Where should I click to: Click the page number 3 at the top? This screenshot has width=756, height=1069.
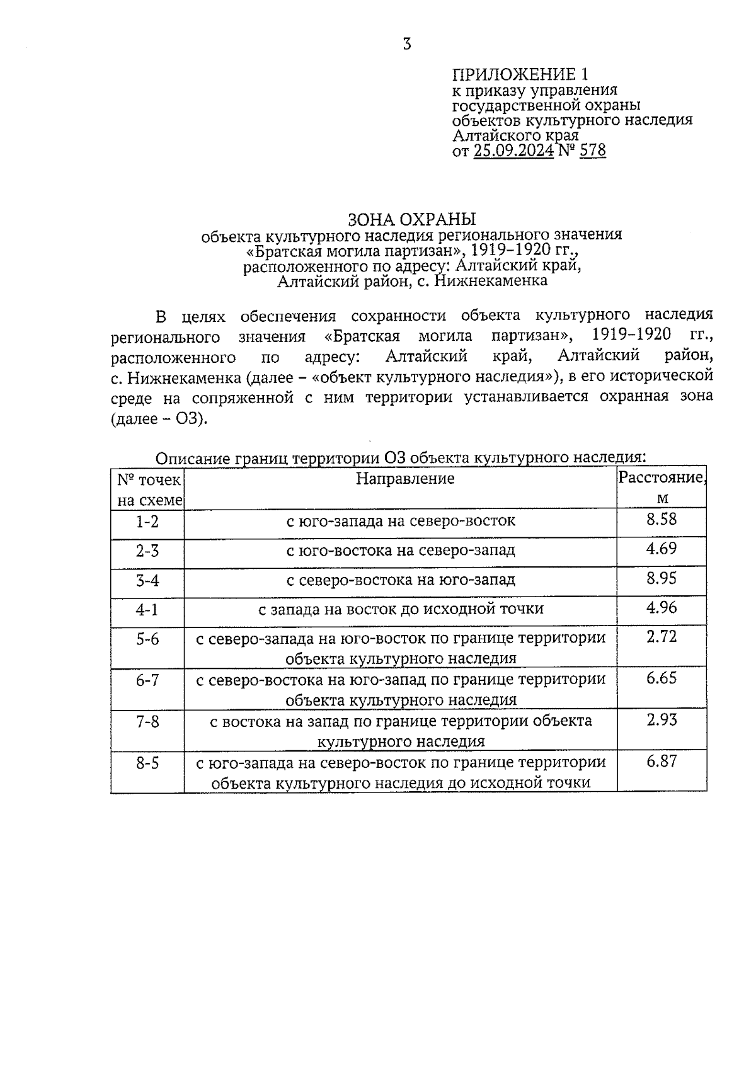[x=407, y=44]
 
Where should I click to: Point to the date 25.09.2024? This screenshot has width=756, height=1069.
[x=513, y=151]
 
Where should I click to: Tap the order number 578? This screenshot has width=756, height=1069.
[x=592, y=151]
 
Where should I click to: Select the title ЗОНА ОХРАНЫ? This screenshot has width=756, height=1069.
[x=412, y=219]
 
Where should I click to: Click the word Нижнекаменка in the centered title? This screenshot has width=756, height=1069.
[x=490, y=280]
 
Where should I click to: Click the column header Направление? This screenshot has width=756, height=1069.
[x=404, y=479]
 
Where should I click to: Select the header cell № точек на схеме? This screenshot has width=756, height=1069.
[x=149, y=489]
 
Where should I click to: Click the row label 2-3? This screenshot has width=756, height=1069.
[x=147, y=551]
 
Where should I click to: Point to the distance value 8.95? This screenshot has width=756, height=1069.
[x=661, y=578]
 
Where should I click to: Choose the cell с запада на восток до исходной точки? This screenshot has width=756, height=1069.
[x=401, y=609]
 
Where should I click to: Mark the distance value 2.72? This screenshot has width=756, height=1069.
[x=661, y=636]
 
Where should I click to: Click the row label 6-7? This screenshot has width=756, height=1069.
[x=147, y=680]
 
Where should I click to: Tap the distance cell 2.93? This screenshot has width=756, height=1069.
[x=661, y=720]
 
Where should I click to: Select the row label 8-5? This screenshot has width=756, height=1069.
[x=147, y=763]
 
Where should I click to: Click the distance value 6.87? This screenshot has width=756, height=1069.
[x=661, y=761]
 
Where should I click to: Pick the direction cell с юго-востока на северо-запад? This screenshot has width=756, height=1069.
[x=401, y=551]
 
